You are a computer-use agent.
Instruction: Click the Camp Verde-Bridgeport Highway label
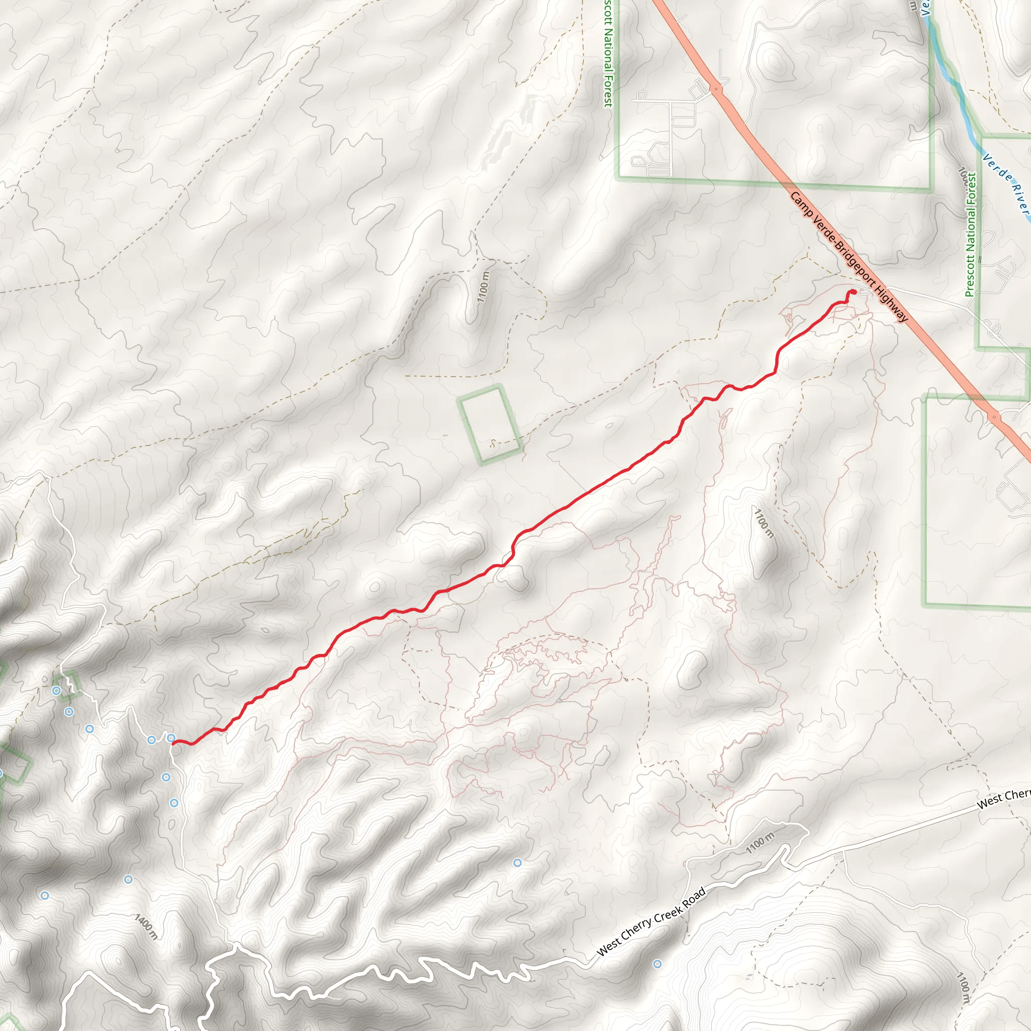tap(848, 257)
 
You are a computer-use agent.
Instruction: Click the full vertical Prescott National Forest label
tap(971, 234)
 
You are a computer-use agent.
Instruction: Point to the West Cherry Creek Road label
tap(651, 922)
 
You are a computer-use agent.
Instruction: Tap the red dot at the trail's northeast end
tap(852, 292)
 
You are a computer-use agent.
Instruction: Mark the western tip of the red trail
tap(174, 743)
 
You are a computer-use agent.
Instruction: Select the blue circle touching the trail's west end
tap(171, 738)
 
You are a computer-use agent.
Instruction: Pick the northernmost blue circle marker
tap(56, 691)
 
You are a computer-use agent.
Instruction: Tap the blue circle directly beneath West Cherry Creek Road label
tap(657, 964)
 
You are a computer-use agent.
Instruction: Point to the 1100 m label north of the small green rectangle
tap(483, 286)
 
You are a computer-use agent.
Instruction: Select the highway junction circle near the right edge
tap(994, 417)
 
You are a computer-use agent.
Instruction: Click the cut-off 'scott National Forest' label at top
tap(607, 53)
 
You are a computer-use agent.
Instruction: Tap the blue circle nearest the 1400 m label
tap(128, 879)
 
